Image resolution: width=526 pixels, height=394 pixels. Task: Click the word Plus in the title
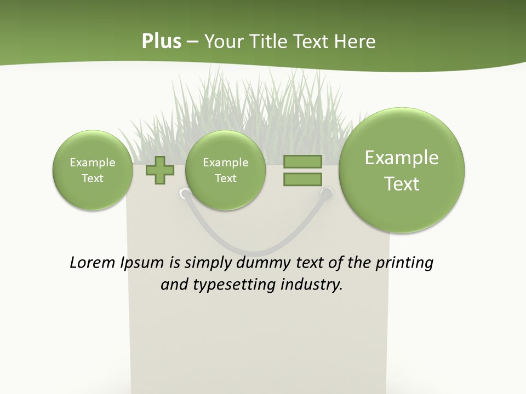click(x=161, y=42)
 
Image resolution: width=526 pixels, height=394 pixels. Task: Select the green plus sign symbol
click(x=159, y=170)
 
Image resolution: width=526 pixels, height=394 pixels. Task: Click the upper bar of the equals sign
click(x=302, y=161)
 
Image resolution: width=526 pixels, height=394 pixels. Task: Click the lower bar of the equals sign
click(x=302, y=179)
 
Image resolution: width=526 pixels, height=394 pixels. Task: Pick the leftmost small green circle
click(x=92, y=170)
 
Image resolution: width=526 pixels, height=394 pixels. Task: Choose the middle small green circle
click(x=225, y=170)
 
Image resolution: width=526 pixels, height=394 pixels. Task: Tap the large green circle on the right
click(x=402, y=170)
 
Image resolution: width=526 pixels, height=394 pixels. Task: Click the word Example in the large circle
click(x=402, y=158)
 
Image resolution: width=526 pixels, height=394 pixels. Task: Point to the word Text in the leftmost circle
click(x=92, y=178)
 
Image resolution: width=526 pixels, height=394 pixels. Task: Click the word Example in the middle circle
click(x=225, y=163)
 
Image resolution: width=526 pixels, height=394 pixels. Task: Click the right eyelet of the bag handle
click(x=327, y=193)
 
